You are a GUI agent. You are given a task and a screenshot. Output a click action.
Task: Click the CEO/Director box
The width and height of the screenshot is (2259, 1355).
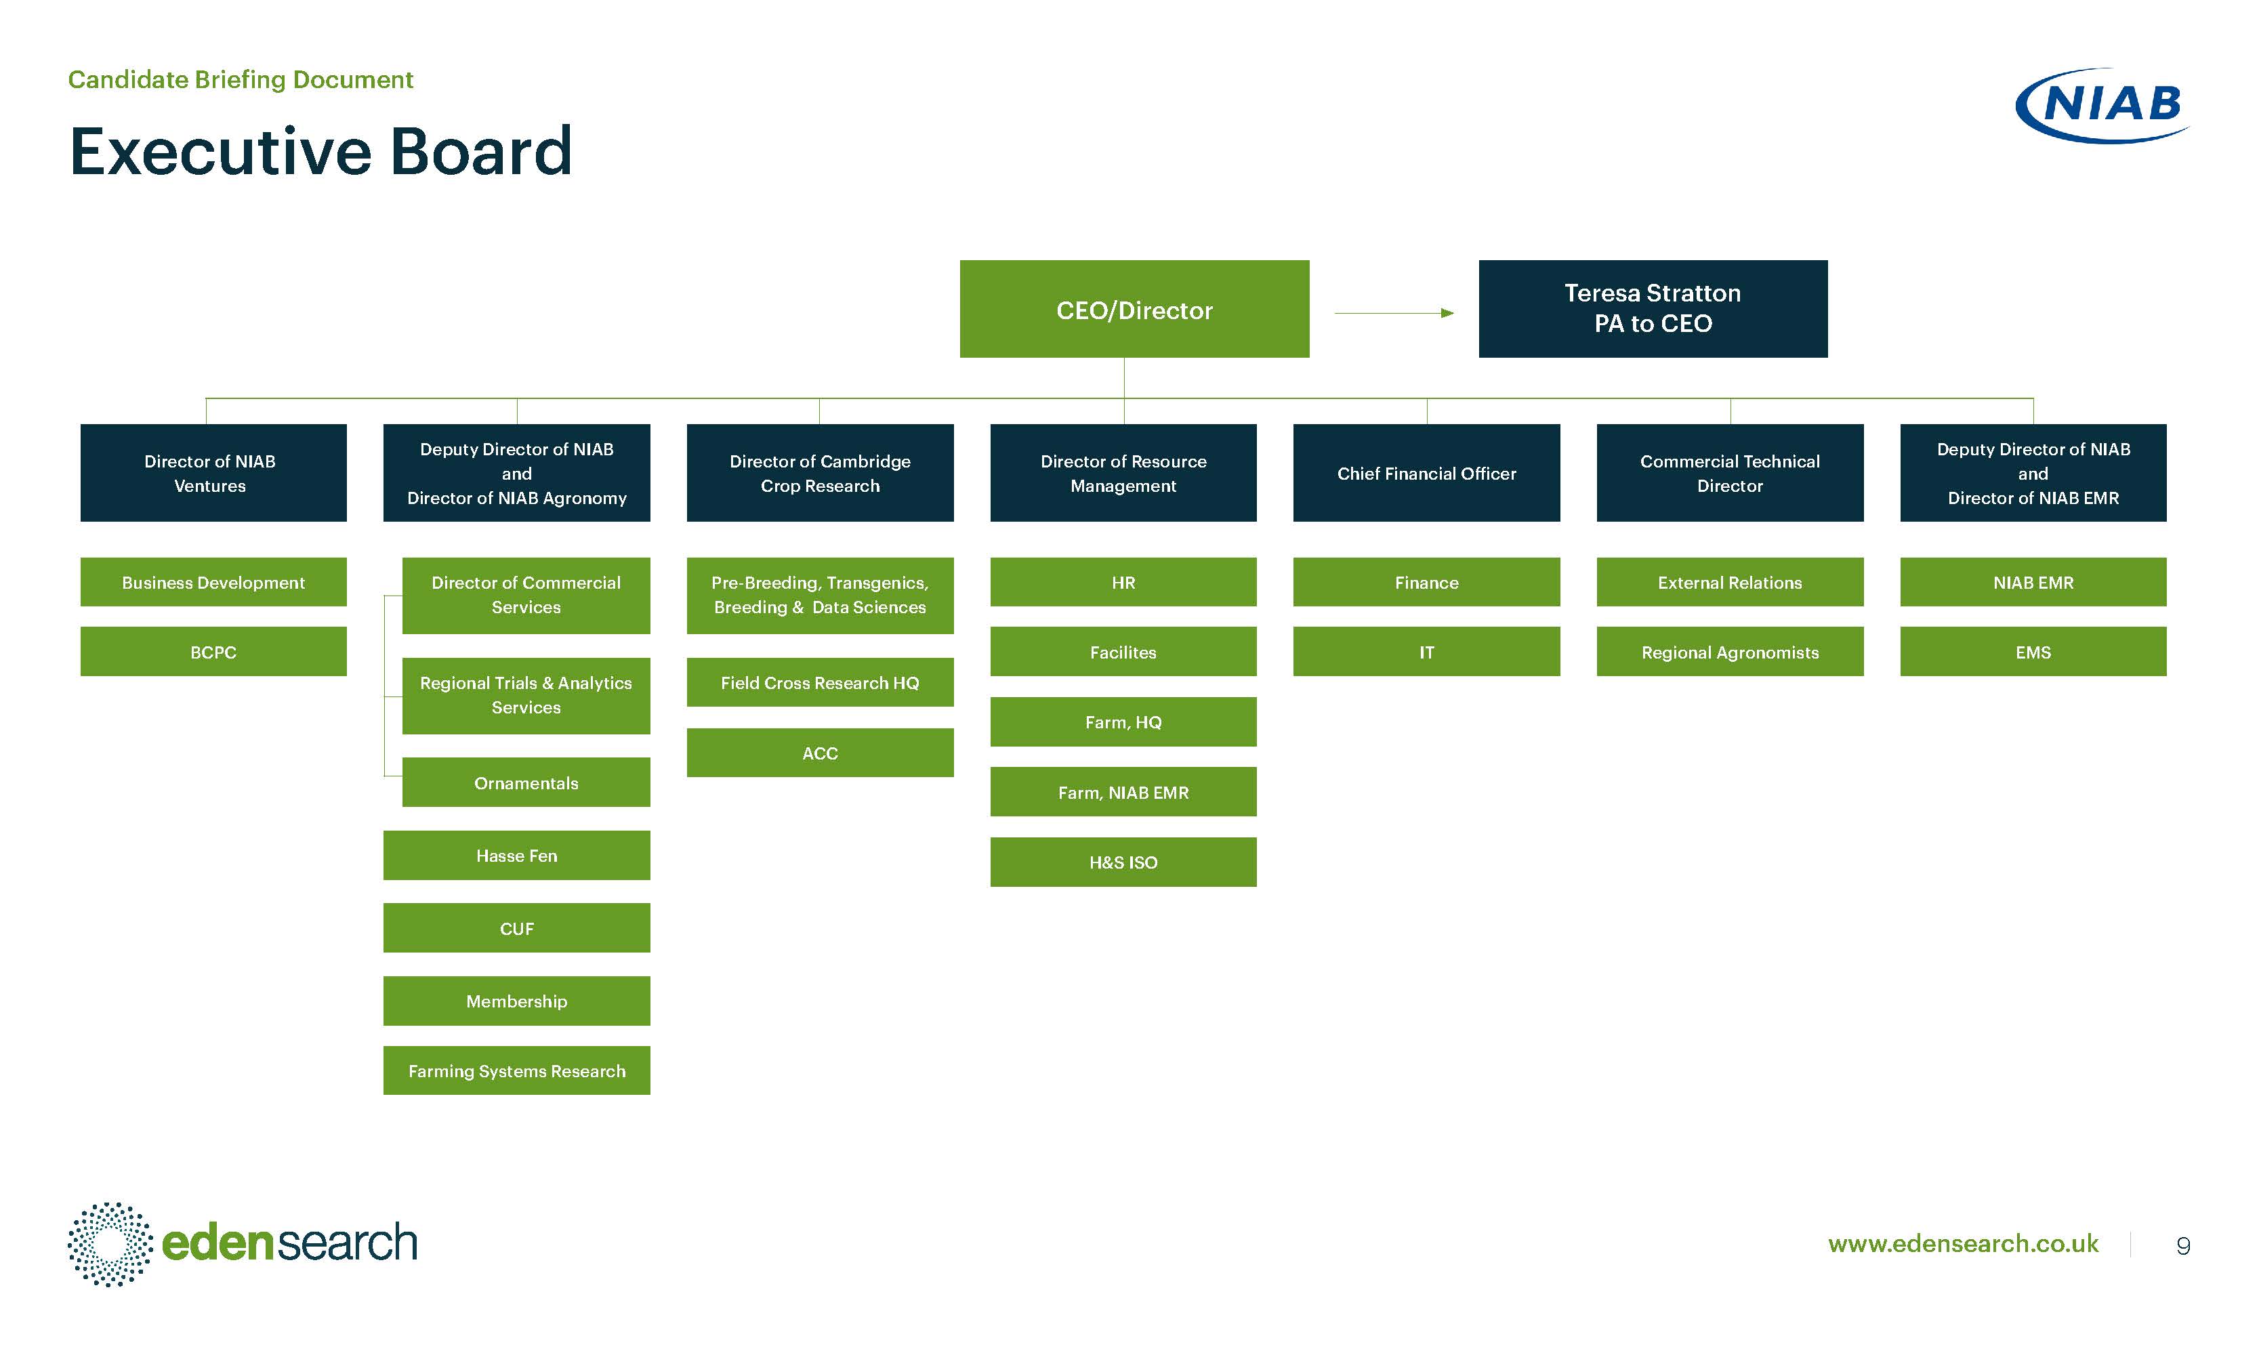(1134, 309)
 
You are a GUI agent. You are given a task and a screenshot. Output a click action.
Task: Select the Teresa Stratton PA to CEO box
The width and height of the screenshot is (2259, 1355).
(1653, 309)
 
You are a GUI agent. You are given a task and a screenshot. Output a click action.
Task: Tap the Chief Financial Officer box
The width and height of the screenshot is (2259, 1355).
(1426, 473)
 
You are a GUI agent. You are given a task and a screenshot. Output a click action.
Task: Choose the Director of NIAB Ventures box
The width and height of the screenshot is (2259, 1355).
(213, 473)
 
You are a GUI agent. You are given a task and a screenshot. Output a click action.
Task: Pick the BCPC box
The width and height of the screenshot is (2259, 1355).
(213, 651)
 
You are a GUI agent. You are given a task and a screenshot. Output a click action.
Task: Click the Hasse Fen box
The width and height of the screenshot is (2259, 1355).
(517, 856)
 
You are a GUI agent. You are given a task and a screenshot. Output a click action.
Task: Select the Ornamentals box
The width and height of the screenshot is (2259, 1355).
(526, 783)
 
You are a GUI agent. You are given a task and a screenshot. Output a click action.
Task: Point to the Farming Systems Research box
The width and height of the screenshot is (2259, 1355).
(517, 1070)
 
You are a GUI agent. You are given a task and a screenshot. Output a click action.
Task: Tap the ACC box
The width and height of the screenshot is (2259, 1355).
(820, 753)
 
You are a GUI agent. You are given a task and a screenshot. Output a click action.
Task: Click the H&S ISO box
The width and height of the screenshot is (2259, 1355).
(1123, 862)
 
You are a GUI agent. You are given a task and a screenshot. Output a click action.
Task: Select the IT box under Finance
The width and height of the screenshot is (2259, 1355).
(1426, 651)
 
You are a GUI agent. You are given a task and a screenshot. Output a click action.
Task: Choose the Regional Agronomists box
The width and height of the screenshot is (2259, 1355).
(1729, 651)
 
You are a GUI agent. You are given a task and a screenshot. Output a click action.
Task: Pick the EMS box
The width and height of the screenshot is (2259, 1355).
(2033, 651)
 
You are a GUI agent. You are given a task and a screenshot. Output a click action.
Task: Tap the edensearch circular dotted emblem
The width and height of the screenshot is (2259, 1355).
(110, 1244)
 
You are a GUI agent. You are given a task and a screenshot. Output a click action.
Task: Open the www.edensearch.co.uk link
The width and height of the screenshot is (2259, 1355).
(1963, 1244)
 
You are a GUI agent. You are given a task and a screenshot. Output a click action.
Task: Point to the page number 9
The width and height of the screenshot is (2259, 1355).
(2183, 1245)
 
